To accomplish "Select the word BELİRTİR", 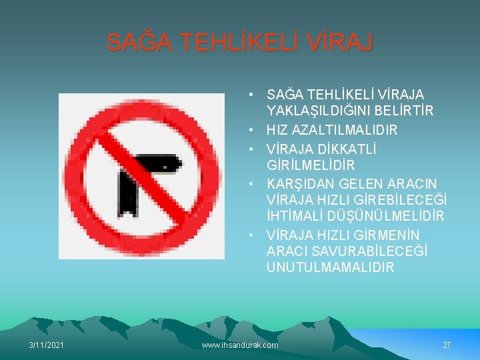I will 405,111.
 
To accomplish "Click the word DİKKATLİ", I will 347,149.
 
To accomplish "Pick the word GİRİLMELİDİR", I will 311,165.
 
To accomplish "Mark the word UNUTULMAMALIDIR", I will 330,267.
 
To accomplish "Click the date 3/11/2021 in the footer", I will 47,345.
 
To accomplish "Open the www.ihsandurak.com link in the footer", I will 239,345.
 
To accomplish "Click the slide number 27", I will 447,345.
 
